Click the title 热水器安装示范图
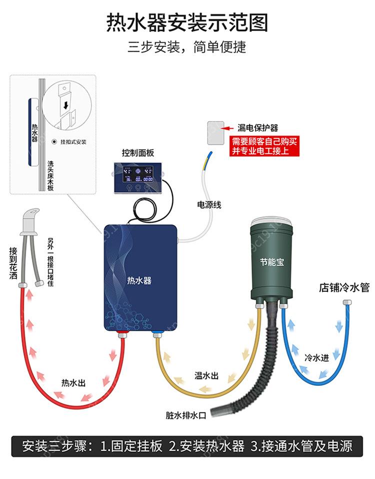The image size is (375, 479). (x=187, y=23)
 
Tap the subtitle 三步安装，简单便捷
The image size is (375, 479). (x=187, y=48)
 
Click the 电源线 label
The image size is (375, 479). (x=209, y=205)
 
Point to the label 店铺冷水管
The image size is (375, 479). (x=344, y=288)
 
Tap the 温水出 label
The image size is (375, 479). (x=206, y=375)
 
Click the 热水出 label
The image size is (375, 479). (x=73, y=383)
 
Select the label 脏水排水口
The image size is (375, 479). (x=186, y=415)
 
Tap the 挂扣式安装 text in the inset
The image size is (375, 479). (x=73, y=142)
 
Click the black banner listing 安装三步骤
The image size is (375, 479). (x=187, y=446)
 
